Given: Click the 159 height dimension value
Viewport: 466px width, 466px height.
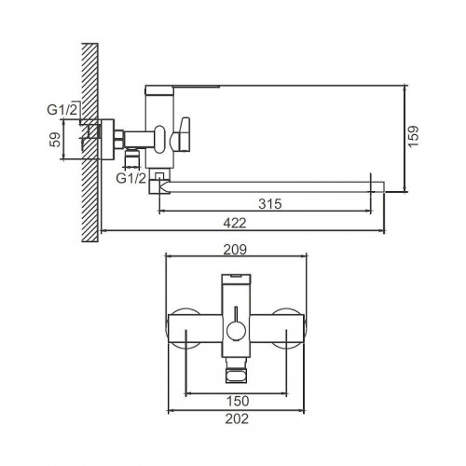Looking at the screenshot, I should [x=415, y=136].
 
